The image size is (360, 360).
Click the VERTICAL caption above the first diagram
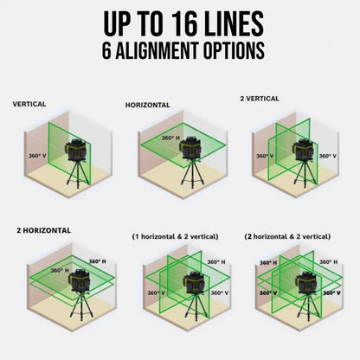point(29,104)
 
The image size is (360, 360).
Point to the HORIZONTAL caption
point(147,105)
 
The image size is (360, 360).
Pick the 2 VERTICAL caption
point(260,99)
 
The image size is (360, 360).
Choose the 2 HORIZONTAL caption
point(43,231)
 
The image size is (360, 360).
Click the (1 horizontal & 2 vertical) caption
point(175,235)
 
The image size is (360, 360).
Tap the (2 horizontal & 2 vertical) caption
point(287,235)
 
